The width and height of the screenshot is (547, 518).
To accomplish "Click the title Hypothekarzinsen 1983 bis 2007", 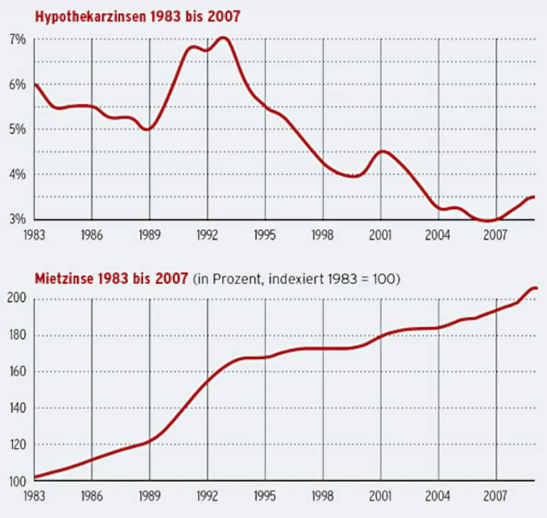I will click(x=137, y=16).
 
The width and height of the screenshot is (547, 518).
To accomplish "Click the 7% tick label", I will click(x=16, y=40).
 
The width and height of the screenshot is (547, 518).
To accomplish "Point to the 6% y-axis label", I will click(x=16, y=85).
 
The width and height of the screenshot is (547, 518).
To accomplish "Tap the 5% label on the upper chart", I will click(x=16, y=130).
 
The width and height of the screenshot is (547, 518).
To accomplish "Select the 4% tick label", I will click(x=16, y=175).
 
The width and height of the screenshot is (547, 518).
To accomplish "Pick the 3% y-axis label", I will click(x=16, y=219).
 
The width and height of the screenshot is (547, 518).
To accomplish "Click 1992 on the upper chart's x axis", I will click(x=207, y=234).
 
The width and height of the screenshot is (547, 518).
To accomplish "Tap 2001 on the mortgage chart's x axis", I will click(x=381, y=234).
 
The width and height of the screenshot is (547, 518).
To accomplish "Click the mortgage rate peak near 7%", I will click(x=222, y=38).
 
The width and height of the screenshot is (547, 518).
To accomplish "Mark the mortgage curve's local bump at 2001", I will click(x=382, y=152).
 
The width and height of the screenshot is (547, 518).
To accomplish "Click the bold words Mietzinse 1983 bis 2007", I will click(x=111, y=280).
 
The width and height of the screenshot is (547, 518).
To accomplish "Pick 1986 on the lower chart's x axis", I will click(x=91, y=496).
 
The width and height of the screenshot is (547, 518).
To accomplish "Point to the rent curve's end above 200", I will click(x=534, y=288).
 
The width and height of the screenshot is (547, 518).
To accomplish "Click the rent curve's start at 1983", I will click(x=35, y=477).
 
